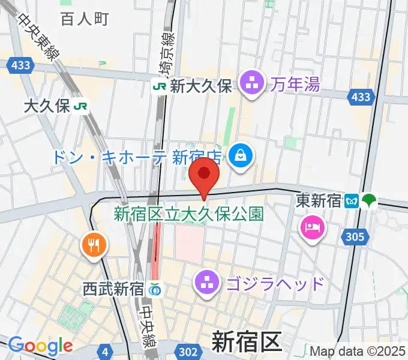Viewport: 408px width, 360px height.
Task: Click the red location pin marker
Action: pyautogui.click(x=203, y=174)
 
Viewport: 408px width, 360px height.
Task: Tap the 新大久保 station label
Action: pyautogui.click(x=200, y=86)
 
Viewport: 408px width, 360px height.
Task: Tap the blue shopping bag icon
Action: pyautogui.click(x=241, y=157)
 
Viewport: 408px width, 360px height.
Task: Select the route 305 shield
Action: pyautogui.click(x=355, y=238)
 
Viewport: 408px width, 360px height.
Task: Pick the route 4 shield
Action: pyautogui.click(x=106, y=350)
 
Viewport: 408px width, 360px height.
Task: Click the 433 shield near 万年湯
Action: pyautogui.click(x=361, y=96)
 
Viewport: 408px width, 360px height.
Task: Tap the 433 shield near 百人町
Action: pyautogui.click(x=17, y=64)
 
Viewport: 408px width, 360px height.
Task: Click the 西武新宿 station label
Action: pyautogui.click(x=113, y=289)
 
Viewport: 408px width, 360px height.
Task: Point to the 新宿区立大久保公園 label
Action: pyautogui.click(x=188, y=213)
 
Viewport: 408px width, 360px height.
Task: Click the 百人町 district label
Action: pyautogui.click(x=84, y=19)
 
